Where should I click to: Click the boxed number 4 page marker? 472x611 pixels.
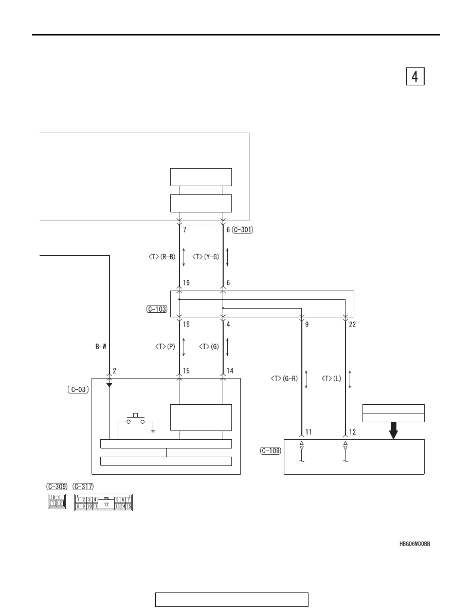coord(415,76)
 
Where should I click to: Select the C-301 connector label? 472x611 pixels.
coord(243,229)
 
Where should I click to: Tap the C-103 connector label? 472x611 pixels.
coord(157,309)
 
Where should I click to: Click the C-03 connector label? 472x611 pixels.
coord(78,389)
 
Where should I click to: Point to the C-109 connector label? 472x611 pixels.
coord(270,451)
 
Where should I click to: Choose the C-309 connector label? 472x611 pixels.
coord(57,487)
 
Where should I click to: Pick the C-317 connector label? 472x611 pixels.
coord(83,487)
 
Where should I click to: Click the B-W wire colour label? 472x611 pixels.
coord(101,347)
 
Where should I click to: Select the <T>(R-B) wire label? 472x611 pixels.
coord(162,257)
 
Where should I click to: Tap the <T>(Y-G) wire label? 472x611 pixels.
coord(206,257)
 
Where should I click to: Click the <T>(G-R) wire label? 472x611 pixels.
coord(284,379)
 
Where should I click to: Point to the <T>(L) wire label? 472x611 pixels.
coord(332,379)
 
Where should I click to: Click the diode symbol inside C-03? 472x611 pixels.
coord(109,385)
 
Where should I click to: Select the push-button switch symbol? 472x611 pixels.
coord(136,419)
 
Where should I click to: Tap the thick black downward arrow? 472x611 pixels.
coord(393,430)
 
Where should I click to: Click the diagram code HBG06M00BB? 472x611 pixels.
coord(415,544)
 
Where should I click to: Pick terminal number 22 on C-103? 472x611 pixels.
coord(352,324)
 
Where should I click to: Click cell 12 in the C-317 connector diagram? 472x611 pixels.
coord(106,504)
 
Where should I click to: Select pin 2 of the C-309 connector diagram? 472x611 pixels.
coord(60,502)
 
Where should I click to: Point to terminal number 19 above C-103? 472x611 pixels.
coord(186,283)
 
